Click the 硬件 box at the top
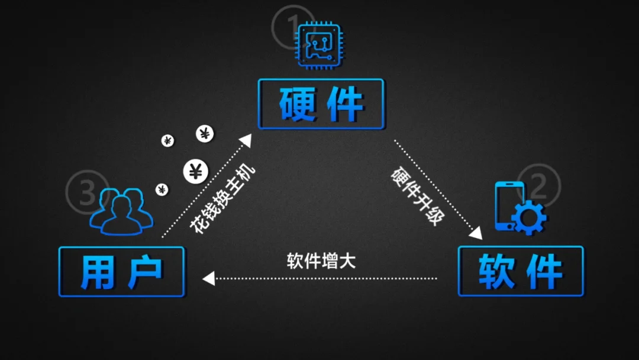[x=321, y=104]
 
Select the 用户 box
[x=121, y=272]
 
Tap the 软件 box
[x=521, y=271]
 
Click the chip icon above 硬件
[x=319, y=44]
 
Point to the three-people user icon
[x=121, y=211]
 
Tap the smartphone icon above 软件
[x=508, y=205]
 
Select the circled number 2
[x=538, y=185]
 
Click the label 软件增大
[x=321, y=261]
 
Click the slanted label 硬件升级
[x=417, y=195]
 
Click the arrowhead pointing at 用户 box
[x=208, y=278]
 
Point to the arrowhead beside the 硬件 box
[x=245, y=141]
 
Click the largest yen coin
[x=195, y=172]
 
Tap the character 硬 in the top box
[x=296, y=104]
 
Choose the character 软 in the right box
[x=496, y=272]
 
